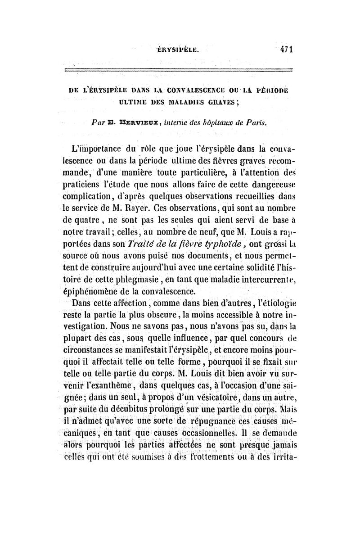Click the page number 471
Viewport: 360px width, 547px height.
284,50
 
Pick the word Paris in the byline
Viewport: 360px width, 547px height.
257,119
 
